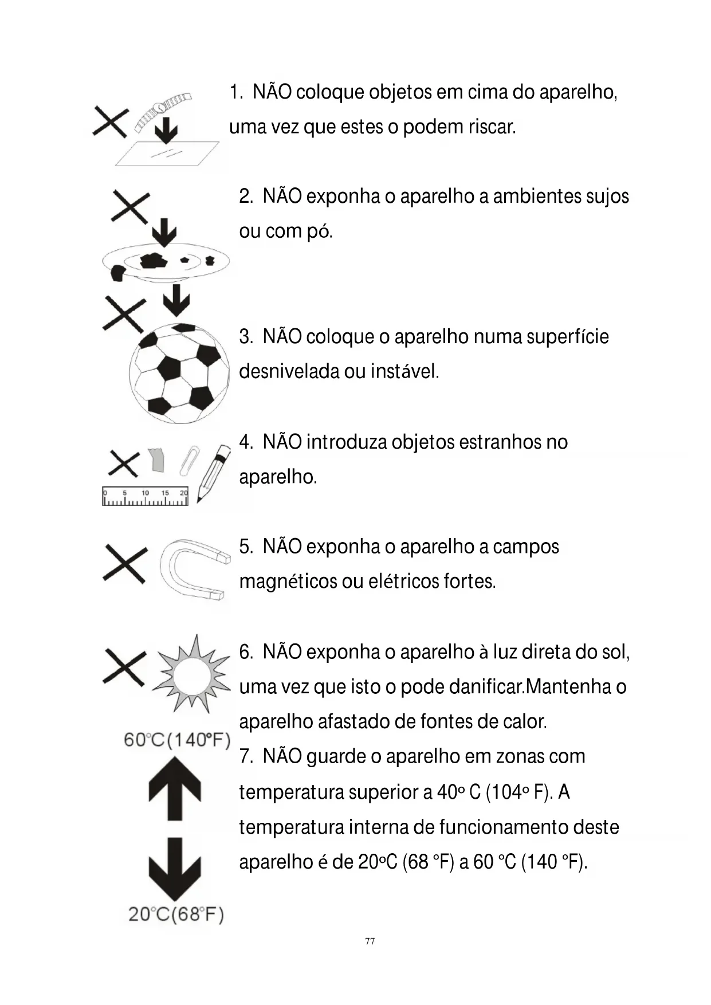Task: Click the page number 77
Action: [370, 941]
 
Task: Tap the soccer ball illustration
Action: [179, 373]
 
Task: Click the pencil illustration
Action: [213, 473]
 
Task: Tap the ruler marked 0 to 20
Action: [145, 497]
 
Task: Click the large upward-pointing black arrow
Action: [175, 787]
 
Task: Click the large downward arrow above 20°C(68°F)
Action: [175, 868]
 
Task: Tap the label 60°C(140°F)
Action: [176, 740]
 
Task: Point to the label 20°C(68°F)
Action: [175, 914]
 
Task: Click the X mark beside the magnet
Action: [124, 564]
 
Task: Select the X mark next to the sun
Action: [124, 668]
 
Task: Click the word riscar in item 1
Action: [492, 127]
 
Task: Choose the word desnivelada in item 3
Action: [289, 371]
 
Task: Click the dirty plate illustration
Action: [166, 262]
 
